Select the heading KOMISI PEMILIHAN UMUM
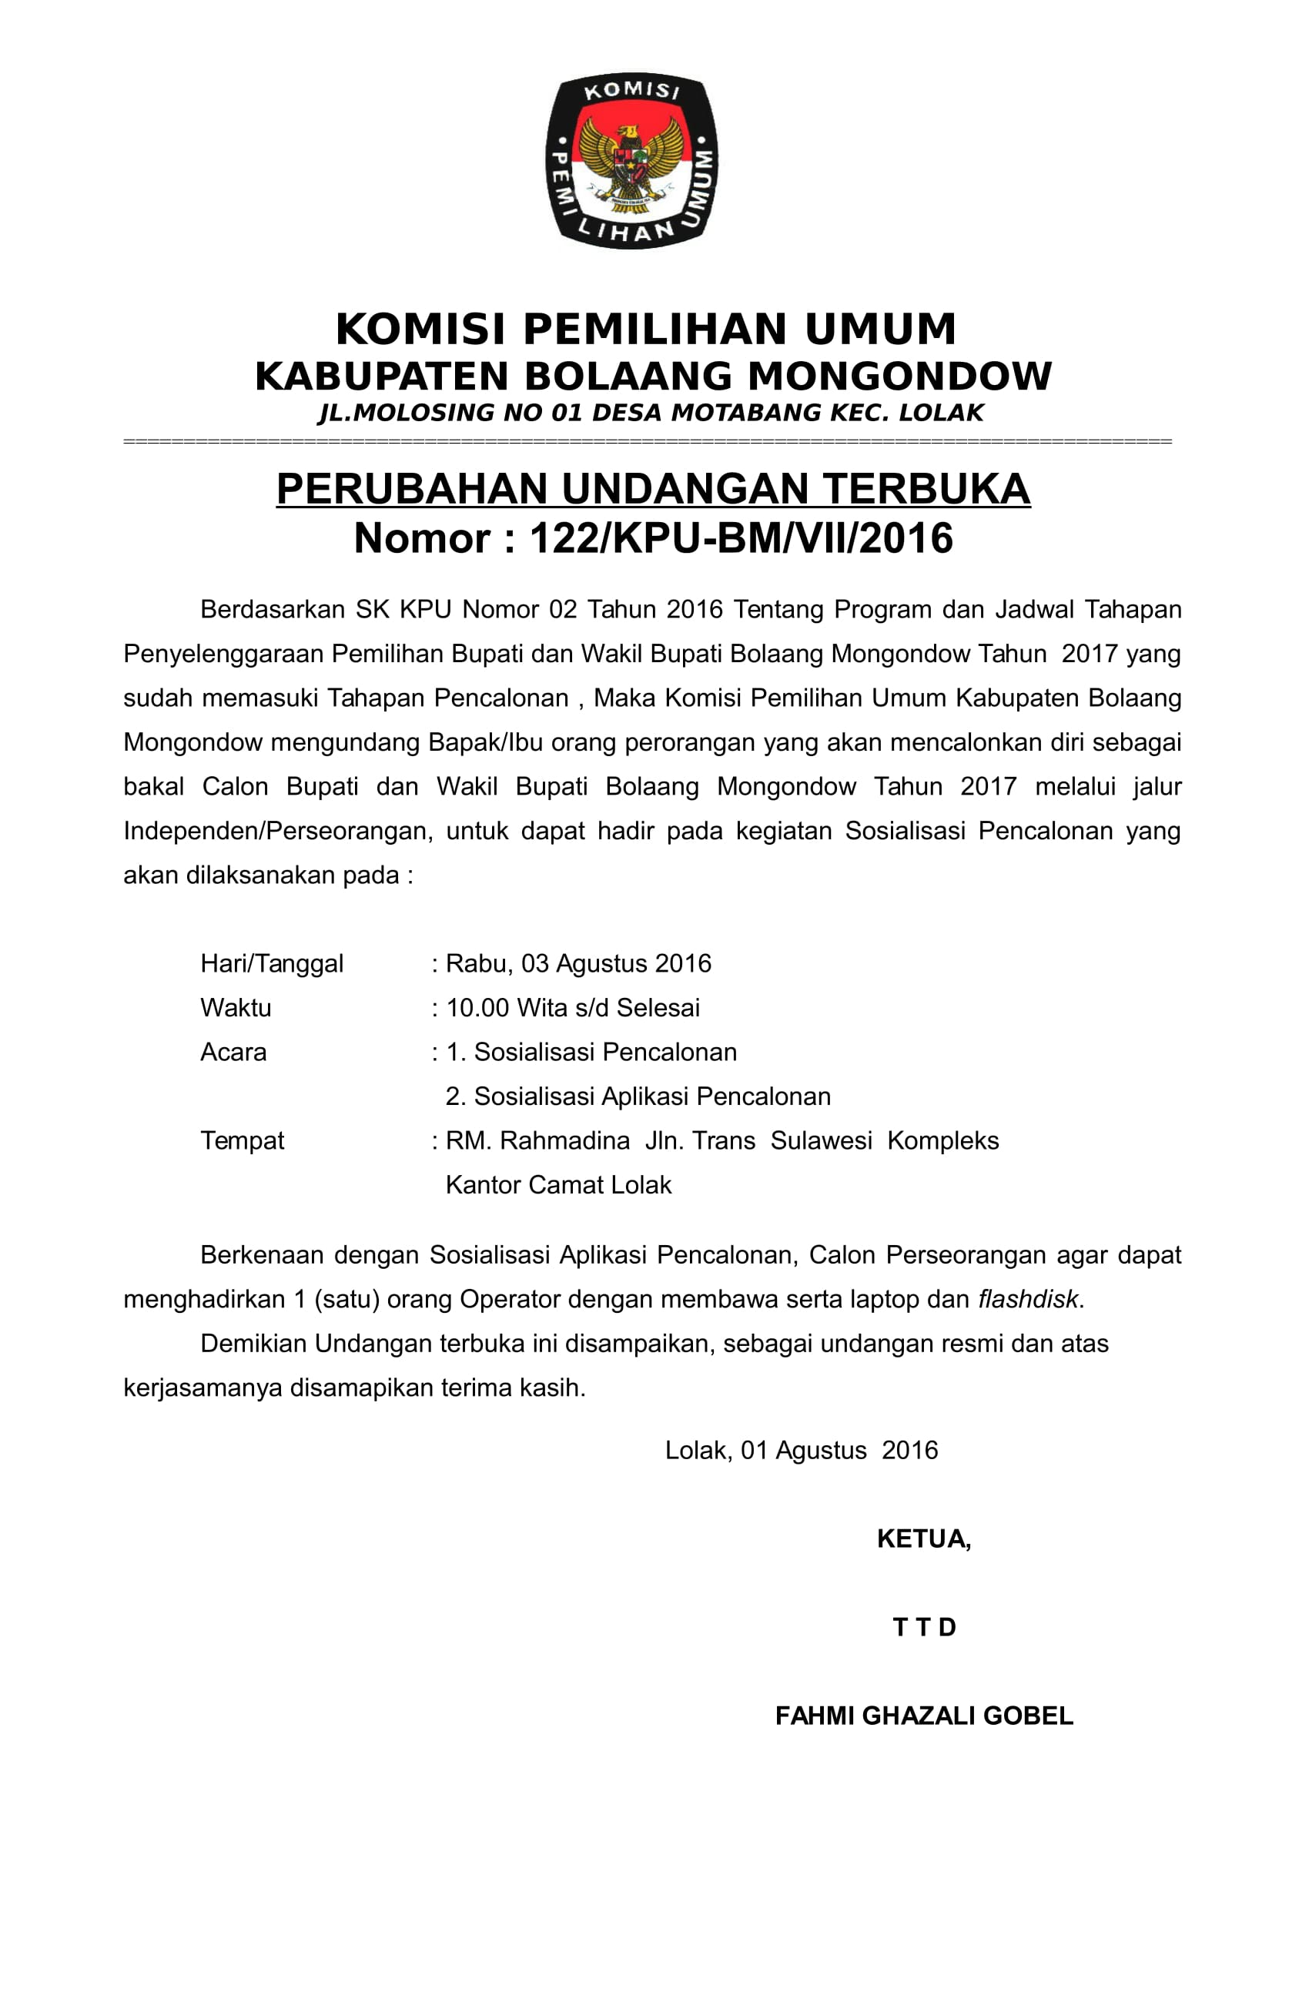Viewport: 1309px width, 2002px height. pos(645,329)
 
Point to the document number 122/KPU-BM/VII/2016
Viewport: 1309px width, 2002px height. pos(740,538)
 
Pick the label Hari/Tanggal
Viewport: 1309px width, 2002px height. pos(272,963)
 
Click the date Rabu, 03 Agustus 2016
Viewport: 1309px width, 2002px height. pos(578,963)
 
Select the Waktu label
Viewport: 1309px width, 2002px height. pos(236,1008)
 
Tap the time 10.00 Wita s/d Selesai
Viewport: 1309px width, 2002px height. pos(572,1008)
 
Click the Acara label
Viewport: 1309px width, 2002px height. pos(233,1053)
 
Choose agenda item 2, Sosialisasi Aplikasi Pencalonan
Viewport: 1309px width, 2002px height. pos(638,1096)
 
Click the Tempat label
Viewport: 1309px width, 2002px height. pos(243,1140)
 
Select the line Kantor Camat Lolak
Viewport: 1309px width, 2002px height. pos(558,1185)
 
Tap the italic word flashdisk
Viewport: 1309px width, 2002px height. pos(1027,1300)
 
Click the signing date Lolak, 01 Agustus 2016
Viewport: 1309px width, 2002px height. pos(801,1450)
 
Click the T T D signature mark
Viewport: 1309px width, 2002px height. pos(925,1627)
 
